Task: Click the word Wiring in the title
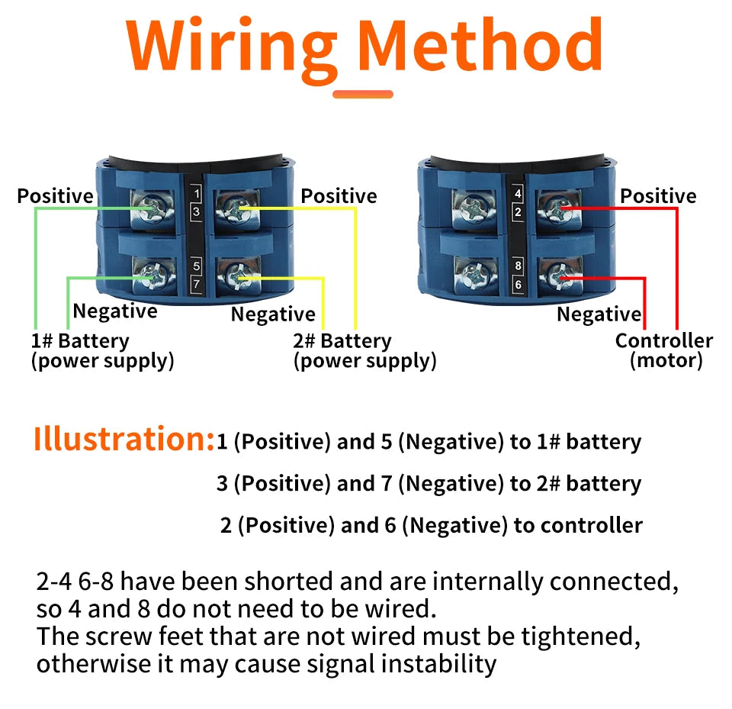coord(232,49)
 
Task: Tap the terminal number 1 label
coord(197,193)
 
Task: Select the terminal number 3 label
coord(197,211)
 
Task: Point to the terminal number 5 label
coord(197,266)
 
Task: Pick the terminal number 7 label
coord(197,284)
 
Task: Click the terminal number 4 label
coord(518,193)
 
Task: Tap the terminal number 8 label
coord(518,266)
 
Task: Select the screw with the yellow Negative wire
coord(238,277)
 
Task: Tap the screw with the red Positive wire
coord(559,208)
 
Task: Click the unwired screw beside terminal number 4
coord(474,208)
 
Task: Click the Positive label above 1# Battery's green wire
coord(55,196)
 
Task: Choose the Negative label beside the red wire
coord(599,314)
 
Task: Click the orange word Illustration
coord(124,439)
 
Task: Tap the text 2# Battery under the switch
coord(342,341)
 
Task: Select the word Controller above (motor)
coord(664,340)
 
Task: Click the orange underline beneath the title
coord(363,94)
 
